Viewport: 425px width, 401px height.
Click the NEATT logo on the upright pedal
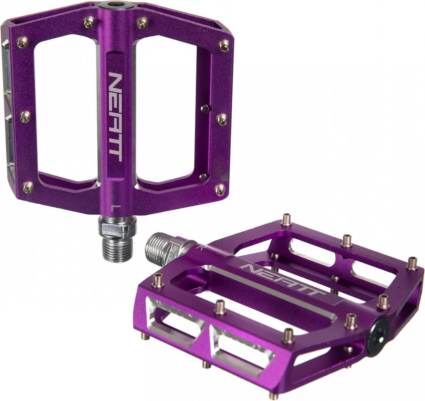116,118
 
